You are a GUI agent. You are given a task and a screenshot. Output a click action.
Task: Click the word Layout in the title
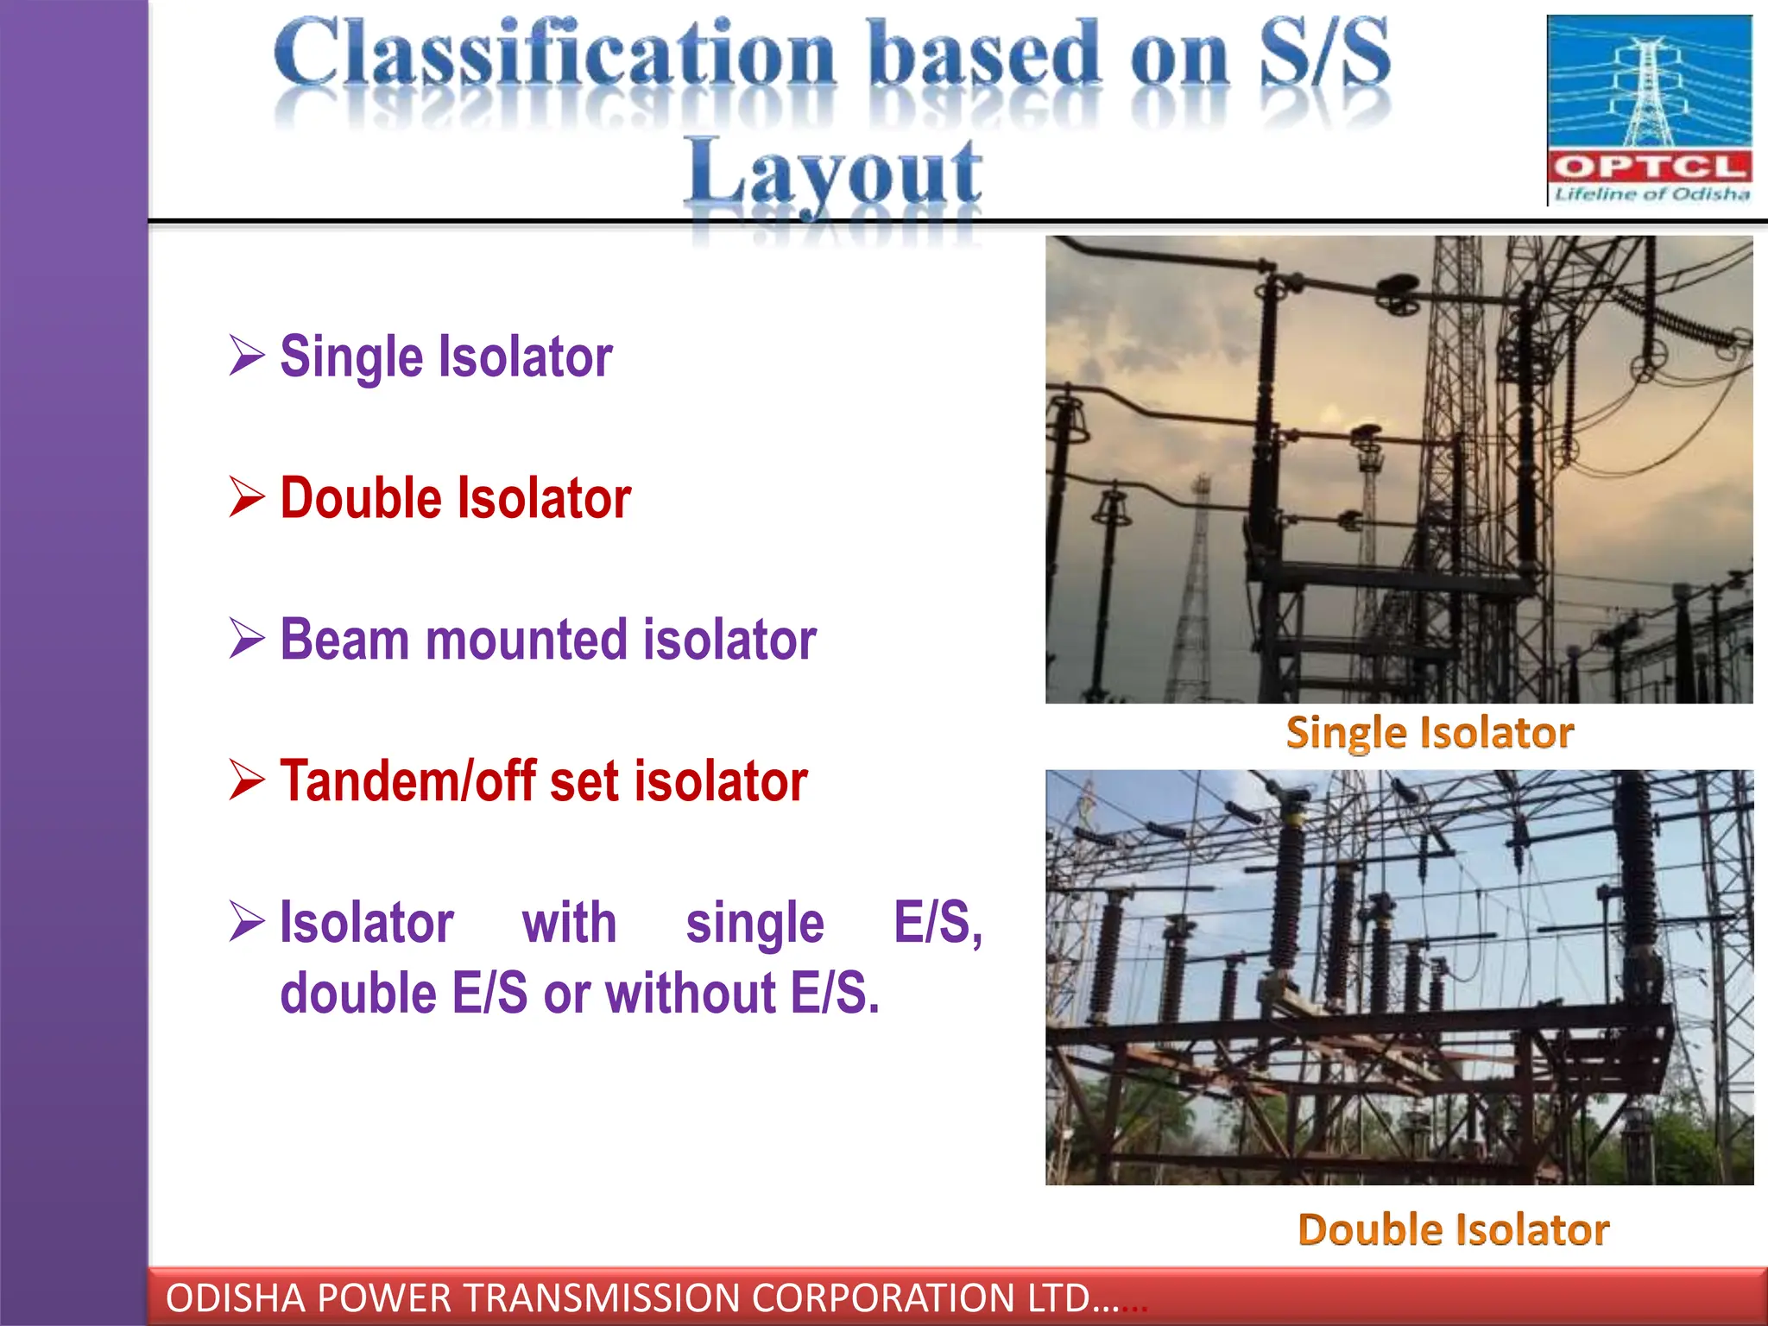pos(833,173)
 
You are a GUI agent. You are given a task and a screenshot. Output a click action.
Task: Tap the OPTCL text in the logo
pos(1649,167)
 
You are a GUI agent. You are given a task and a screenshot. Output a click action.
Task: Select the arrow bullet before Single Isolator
pos(247,356)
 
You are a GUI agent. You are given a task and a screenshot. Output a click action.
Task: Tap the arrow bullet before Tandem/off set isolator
pos(247,780)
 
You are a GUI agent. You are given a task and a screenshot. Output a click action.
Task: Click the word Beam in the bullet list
pos(344,640)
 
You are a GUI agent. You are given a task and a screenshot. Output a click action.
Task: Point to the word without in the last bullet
pos(691,993)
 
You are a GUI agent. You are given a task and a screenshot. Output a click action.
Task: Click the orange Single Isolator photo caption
pos(1430,733)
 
